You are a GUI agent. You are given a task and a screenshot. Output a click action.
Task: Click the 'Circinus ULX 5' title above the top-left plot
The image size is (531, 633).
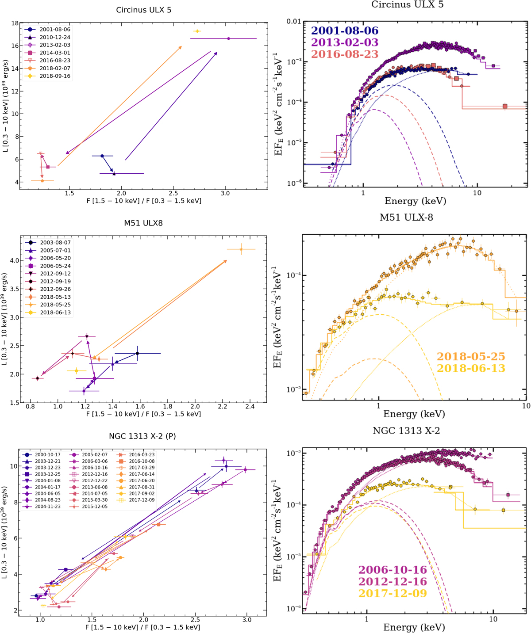pos(143,10)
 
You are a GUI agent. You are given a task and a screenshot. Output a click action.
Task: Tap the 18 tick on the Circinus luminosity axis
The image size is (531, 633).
pos(15,23)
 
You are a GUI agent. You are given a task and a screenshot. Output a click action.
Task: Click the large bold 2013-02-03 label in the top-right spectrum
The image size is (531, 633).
pos(345,42)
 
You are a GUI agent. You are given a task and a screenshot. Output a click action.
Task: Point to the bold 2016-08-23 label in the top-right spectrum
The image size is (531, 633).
pos(345,54)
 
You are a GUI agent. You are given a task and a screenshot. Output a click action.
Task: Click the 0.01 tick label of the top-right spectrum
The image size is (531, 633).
pos(294,22)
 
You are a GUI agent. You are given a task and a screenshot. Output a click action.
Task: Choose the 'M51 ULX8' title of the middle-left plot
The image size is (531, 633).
pos(143,223)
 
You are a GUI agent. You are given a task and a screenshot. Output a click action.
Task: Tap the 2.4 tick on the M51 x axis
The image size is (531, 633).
pos(250,407)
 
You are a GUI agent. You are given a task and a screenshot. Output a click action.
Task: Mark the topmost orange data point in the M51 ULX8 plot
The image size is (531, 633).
pos(241,249)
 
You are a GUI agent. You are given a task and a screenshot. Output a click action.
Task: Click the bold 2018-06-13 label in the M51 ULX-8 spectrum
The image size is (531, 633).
pos(471,368)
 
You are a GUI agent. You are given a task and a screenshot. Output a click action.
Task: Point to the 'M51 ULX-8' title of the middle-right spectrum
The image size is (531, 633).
pos(406,217)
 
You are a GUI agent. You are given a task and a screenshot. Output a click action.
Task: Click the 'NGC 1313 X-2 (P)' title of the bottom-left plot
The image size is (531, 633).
pos(142,436)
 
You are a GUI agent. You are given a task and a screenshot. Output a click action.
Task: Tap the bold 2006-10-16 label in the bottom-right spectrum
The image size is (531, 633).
pos(392,570)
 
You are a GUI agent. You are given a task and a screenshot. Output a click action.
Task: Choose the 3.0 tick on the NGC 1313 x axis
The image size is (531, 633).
pos(247,620)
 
